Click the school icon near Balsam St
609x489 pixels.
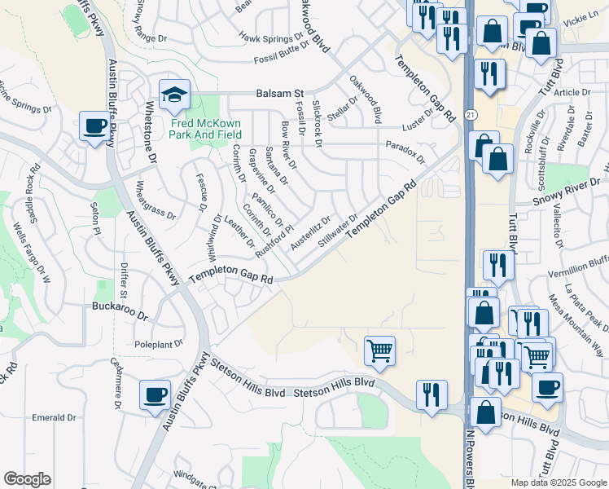pyautogui.click(x=174, y=95)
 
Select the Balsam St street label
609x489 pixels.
pyautogui.click(x=278, y=94)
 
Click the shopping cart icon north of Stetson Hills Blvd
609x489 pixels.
pyautogui.click(x=379, y=350)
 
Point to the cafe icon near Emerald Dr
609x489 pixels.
pyautogui.click(x=155, y=395)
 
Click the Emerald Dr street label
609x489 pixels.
pyautogui.click(x=54, y=418)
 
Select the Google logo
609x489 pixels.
pyautogui.click(x=27, y=479)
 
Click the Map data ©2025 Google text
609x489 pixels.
pyautogui.click(x=558, y=482)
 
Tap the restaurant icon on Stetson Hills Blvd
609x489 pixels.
pyautogui.click(x=432, y=394)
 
